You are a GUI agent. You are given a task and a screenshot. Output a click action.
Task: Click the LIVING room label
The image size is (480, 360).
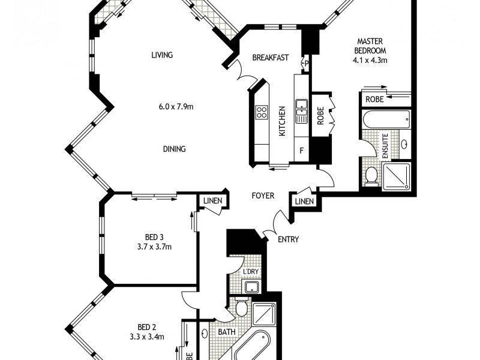(162, 55)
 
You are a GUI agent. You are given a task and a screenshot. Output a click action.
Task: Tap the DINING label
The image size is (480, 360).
(173, 149)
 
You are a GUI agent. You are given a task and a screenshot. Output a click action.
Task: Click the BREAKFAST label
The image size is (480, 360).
(270, 58)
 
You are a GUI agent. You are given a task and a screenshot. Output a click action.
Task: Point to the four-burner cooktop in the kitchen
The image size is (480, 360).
(262, 112)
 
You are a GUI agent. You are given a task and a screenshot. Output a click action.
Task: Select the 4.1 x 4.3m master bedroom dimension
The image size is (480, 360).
(370, 60)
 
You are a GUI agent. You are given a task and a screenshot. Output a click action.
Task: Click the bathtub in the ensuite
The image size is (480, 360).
(387, 119)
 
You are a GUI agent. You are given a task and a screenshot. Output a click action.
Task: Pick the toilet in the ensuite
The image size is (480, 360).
(372, 175)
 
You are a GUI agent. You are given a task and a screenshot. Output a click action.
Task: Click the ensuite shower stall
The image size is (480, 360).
(397, 175)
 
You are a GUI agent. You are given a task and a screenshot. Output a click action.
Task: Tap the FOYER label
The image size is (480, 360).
(263, 196)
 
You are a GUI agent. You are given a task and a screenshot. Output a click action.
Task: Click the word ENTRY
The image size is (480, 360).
(288, 239)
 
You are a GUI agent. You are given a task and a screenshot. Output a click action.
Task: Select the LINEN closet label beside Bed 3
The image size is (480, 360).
(212, 201)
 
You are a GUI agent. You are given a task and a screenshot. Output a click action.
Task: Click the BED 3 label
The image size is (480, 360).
(154, 236)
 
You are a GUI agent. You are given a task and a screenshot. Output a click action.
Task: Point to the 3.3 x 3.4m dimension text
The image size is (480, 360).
(147, 337)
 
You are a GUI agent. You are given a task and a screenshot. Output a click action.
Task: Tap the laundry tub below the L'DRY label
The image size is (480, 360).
(251, 287)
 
